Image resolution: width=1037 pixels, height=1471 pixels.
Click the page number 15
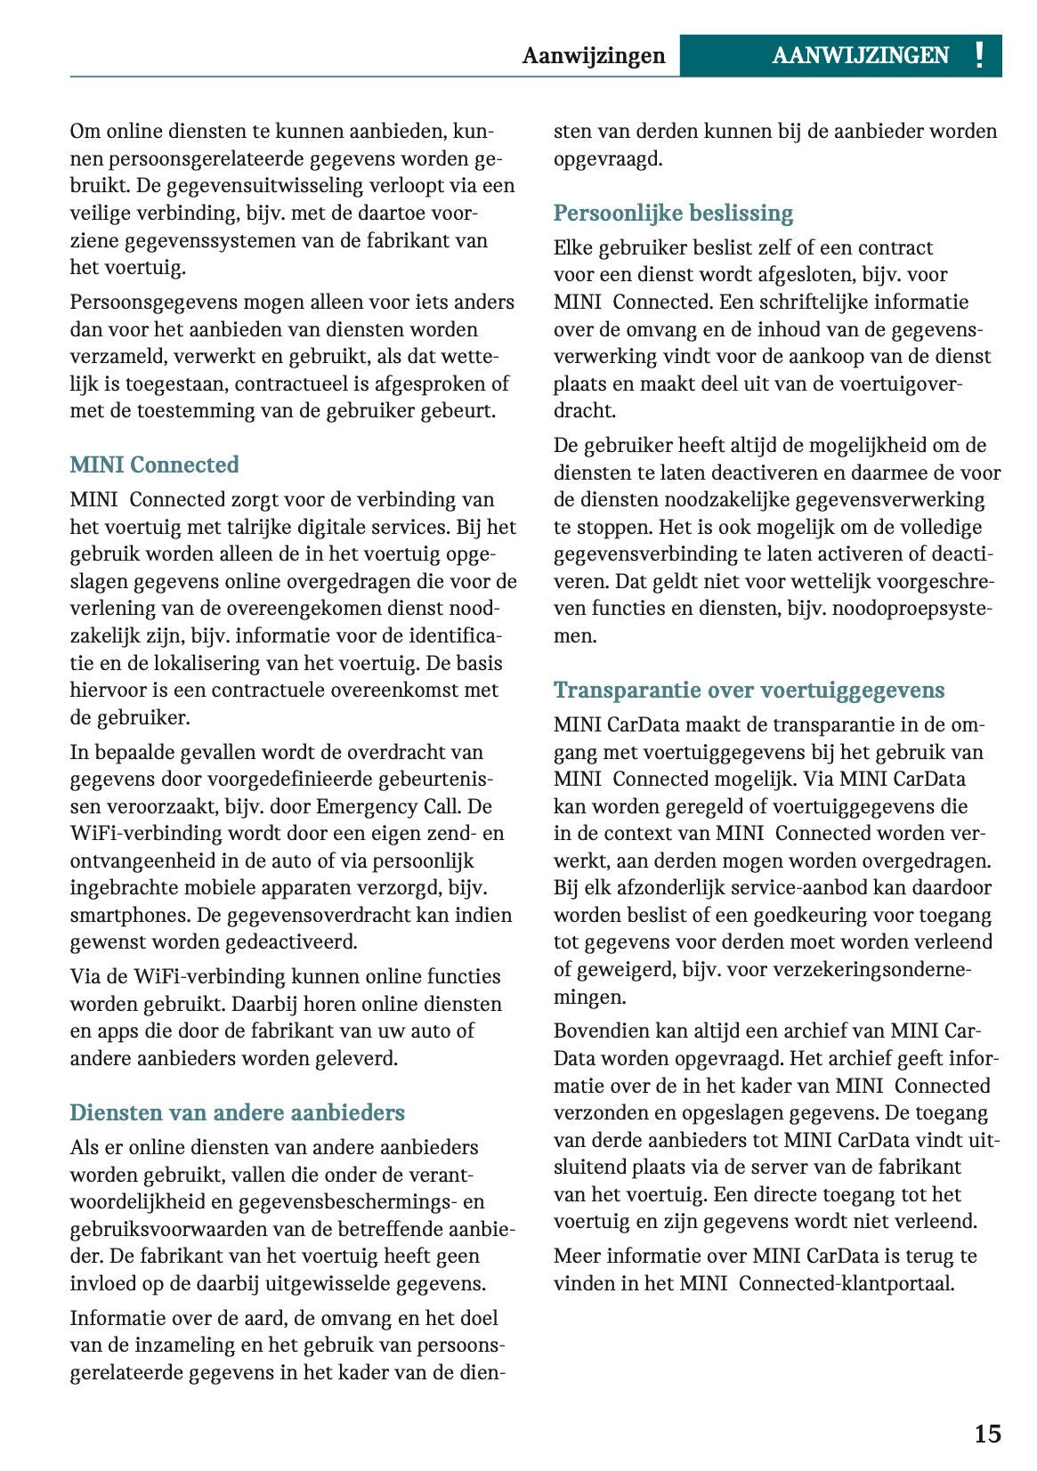pyautogui.click(x=987, y=1434)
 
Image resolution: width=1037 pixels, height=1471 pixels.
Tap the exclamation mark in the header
pyautogui.click(x=979, y=55)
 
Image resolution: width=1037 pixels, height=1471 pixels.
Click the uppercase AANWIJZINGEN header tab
pyautogui.click(x=860, y=55)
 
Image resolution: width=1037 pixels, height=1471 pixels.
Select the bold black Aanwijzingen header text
pyautogui.click(x=594, y=55)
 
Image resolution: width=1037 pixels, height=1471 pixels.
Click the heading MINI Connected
pyautogui.click(x=154, y=465)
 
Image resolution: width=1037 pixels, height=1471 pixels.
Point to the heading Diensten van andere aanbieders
pyautogui.click(x=237, y=1112)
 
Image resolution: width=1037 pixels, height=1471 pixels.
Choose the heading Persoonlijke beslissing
pyautogui.click(x=673, y=213)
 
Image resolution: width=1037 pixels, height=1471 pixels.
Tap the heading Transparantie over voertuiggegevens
pyautogui.click(x=749, y=690)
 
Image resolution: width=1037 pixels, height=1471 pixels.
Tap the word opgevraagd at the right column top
pyautogui.click(x=608, y=159)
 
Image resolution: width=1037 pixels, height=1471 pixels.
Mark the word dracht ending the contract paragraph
pyautogui.click(x=584, y=410)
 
